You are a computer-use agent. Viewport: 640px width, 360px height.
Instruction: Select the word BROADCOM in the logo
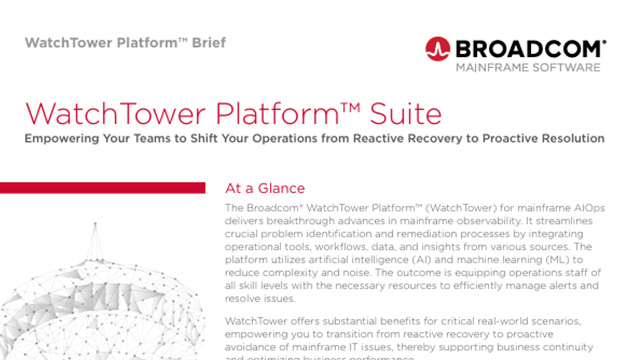pos(527,48)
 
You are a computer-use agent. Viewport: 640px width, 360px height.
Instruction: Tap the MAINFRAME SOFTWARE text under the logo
pos(528,68)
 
